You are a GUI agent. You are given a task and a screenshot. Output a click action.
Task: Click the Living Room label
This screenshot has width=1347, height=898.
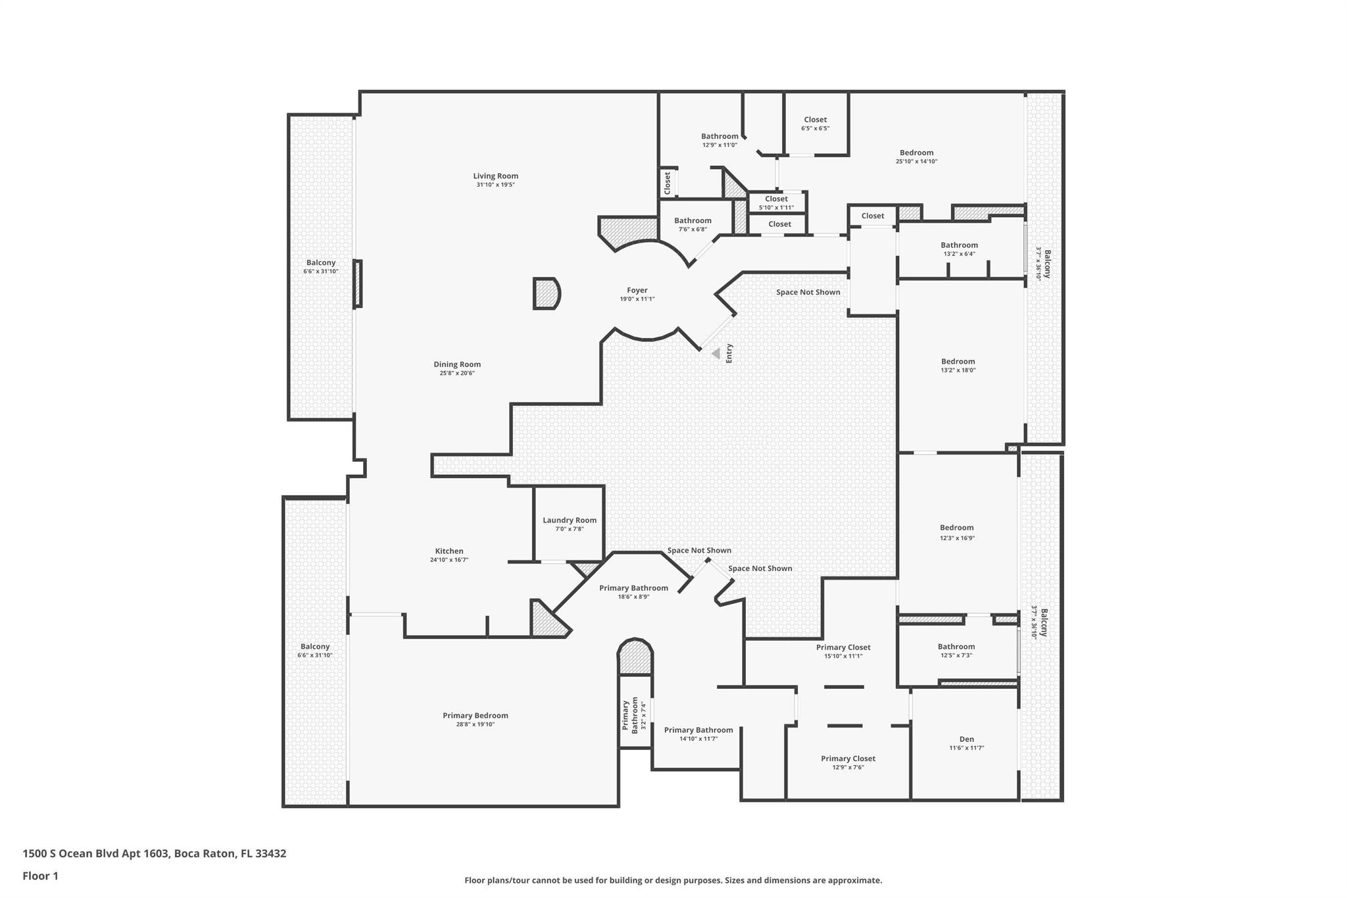[x=495, y=176]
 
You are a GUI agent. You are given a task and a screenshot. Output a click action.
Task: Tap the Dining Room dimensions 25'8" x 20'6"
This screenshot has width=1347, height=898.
[x=457, y=373]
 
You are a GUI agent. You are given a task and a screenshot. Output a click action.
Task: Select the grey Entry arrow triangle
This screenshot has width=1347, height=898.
[x=716, y=354]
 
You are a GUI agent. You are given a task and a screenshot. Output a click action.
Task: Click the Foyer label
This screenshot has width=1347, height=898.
[x=637, y=290]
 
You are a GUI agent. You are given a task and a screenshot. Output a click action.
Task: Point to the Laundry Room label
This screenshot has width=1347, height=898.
[x=570, y=520]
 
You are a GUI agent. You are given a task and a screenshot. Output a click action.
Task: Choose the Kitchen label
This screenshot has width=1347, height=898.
[x=449, y=551]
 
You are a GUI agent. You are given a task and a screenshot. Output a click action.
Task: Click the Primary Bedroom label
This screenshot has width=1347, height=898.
[x=475, y=716]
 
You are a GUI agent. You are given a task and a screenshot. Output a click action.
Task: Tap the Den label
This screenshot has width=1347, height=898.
[x=966, y=739]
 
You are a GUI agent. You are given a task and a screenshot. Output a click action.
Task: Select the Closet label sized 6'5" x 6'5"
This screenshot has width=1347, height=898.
[x=815, y=120]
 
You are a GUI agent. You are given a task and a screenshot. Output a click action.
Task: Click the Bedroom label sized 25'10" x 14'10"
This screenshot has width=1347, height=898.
[x=916, y=153]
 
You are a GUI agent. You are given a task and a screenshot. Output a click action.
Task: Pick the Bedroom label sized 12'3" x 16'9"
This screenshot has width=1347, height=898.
[x=956, y=528]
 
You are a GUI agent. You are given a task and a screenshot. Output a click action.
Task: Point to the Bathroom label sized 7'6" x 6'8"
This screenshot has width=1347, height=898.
[x=693, y=221]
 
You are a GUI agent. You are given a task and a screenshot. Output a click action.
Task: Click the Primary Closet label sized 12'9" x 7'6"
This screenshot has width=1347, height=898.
[x=848, y=759]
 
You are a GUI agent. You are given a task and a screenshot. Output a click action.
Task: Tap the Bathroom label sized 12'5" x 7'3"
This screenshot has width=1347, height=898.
[x=956, y=647]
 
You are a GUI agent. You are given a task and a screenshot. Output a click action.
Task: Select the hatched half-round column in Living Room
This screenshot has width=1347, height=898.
[x=545, y=293]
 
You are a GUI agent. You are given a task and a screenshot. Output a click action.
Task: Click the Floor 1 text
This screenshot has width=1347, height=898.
[x=40, y=876]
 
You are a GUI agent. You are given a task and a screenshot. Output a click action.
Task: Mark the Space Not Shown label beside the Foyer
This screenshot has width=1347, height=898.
[x=808, y=292]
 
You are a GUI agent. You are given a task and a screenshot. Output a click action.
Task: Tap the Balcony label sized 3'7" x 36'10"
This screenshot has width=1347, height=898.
[x=1046, y=264]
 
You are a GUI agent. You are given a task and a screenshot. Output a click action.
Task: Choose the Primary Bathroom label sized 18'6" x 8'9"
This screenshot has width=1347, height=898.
[x=633, y=588]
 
